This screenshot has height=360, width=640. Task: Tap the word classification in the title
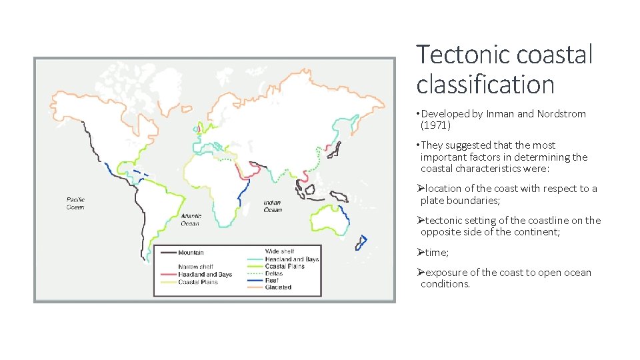485,85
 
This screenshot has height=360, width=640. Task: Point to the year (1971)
435,125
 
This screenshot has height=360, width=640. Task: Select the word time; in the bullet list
437,252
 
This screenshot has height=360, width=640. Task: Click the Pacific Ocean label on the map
75,203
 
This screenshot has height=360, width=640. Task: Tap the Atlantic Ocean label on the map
190,219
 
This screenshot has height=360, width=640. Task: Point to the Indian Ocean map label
273,206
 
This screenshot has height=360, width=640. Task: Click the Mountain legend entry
191,253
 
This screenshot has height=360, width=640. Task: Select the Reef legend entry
272,280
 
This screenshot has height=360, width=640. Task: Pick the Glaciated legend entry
278,287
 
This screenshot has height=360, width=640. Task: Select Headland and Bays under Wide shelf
292,259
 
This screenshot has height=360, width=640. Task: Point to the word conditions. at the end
445,284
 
